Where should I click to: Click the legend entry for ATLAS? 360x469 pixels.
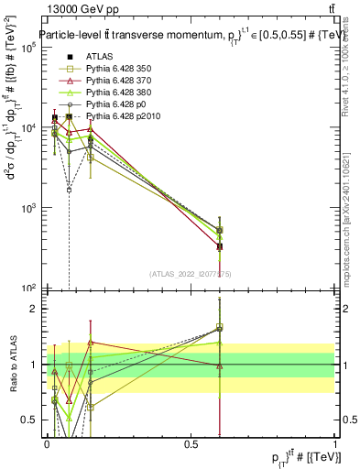click(x=99, y=57)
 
